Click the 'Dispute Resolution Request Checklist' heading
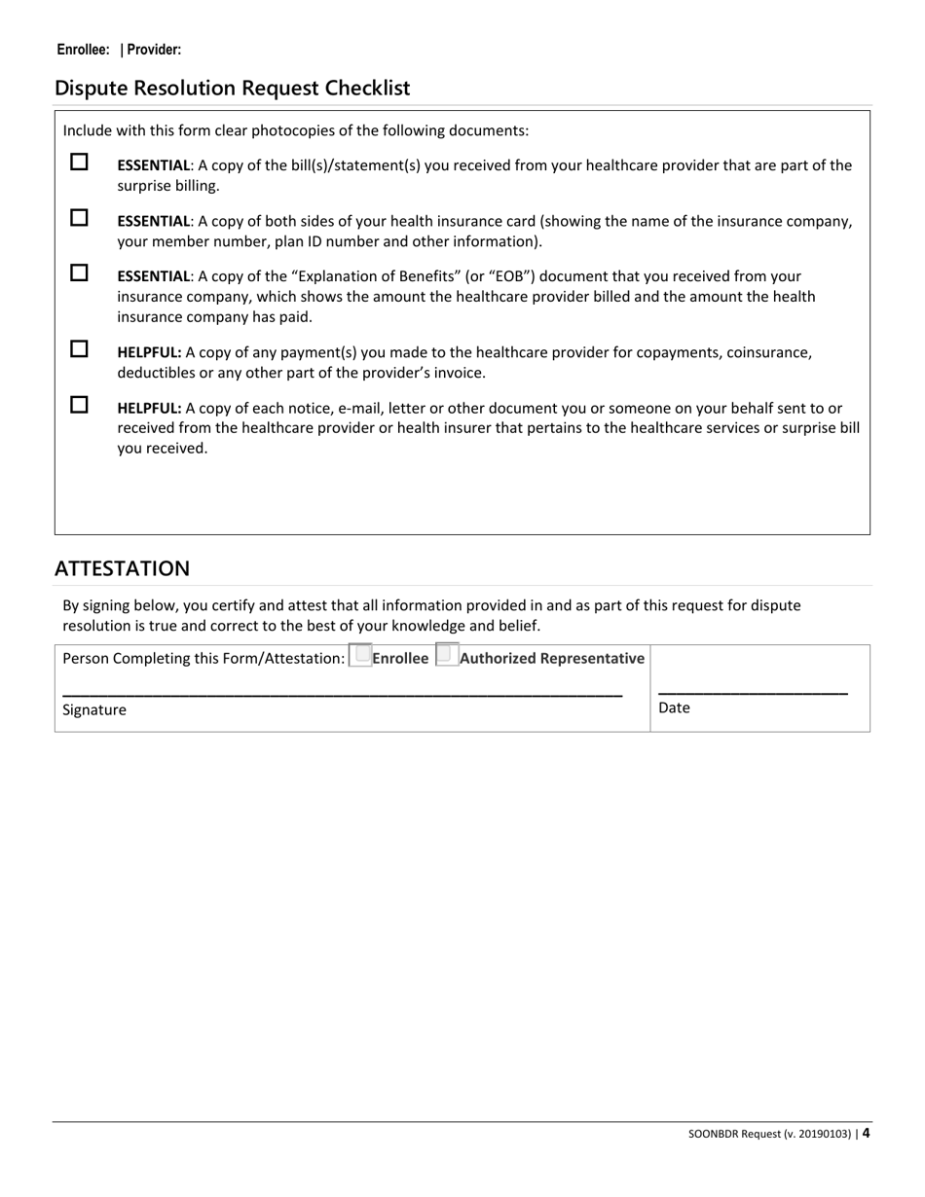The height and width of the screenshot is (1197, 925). coord(233,89)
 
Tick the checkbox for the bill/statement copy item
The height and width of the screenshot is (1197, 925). coord(79,163)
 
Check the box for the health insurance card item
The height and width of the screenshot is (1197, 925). coord(79,218)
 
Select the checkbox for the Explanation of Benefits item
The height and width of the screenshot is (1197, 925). coord(79,273)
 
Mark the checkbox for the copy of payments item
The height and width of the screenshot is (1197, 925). coord(79,348)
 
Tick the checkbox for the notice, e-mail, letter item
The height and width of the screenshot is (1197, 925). coord(79,404)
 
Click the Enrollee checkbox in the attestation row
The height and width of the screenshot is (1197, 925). coord(359,656)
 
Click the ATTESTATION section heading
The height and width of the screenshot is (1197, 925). coord(122,568)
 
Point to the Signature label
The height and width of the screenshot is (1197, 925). coord(94,710)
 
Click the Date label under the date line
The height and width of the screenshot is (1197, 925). coord(674,708)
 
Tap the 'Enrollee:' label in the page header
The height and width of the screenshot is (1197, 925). coord(83,50)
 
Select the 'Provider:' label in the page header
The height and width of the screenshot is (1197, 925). coord(154,50)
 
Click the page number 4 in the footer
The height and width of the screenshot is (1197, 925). coord(866,1133)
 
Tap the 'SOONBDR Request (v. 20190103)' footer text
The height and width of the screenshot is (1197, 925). coord(770,1134)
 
